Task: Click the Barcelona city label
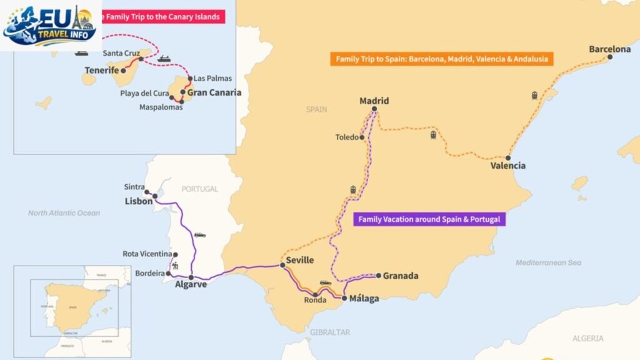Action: click(x=609, y=49)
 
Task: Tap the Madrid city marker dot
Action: click(x=374, y=109)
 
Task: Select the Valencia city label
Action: click(x=507, y=166)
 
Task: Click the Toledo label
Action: click(x=347, y=137)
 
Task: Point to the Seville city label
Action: click(x=299, y=261)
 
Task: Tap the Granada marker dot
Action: click(x=378, y=275)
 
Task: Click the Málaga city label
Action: click(x=364, y=299)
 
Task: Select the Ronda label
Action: click(x=315, y=300)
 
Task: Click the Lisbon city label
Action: click(x=138, y=201)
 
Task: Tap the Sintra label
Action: click(x=134, y=187)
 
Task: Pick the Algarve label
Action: click(x=191, y=284)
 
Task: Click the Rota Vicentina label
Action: click(x=147, y=254)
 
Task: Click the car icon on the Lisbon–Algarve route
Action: click(x=199, y=235)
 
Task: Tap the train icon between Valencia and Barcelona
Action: click(x=534, y=96)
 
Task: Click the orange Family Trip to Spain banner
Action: click(x=441, y=59)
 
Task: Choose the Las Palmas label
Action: click(x=212, y=79)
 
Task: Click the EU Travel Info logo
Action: click(x=50, y=25)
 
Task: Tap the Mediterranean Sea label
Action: click(x=548, y=263)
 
